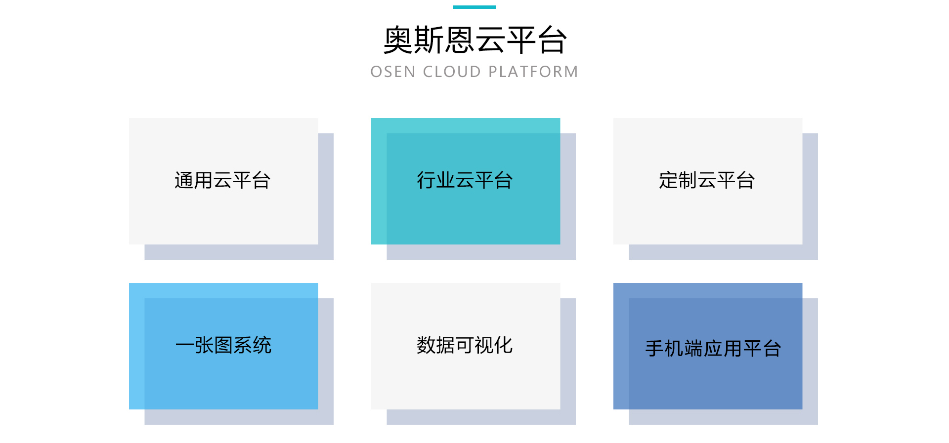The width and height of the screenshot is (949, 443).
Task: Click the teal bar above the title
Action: pyautogui.click(x=474, y=7)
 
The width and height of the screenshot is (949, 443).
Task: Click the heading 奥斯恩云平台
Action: pyautogui.click(x=474, y=40)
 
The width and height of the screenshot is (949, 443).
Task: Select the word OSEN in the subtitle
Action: pyautogui.click(x=393, y=72)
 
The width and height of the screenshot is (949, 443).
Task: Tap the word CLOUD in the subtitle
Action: pyautogui.click(x=452, y=72)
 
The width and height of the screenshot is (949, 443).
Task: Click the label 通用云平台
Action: pyautogui.click(x=222, y=181)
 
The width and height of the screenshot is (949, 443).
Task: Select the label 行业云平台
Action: pyautogui.click(x=465, y=181)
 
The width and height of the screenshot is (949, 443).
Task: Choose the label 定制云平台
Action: pyautogui.click(x=707, y=181)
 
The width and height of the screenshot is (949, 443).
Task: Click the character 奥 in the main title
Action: pyautogui.click(x=398, y=40)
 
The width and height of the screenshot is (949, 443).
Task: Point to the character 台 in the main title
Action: pyautogui.click(x=552, y=40)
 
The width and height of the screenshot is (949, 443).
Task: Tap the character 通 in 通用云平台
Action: pyautogui.click(x=184, y=181)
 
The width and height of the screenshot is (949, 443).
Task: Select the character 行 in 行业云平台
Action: pyautogui.click(x=426, y=181)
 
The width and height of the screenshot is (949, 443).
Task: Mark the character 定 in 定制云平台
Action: pyautogui.click(x=668, y=181)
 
